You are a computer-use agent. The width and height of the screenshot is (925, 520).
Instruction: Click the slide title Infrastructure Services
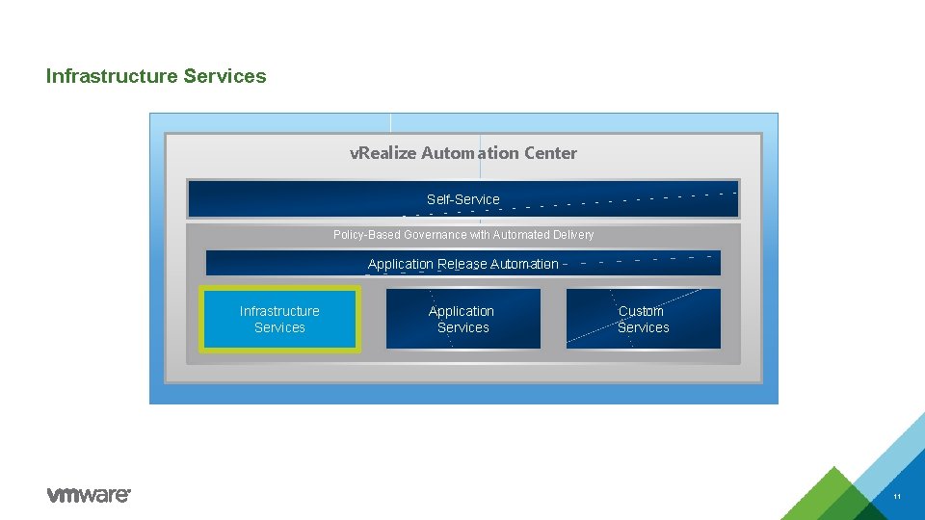pos(156,76)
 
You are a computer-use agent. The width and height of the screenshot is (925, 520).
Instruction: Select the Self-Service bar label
pos(463,199)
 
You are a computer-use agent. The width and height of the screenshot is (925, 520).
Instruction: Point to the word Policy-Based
pos(367,235)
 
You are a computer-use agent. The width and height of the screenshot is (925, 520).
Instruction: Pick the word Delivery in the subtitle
pos(573,235)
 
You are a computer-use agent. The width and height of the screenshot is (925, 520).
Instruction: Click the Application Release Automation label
pos(463,264)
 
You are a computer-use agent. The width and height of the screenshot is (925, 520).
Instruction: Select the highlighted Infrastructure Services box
pos(279,319)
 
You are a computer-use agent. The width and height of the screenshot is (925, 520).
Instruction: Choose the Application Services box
pos(462,319)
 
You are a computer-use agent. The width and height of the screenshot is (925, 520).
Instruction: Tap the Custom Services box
pos(643,319)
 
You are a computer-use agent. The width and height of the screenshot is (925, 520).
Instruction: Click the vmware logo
pos(89,495)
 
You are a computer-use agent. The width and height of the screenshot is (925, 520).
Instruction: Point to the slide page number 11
pos(897,497)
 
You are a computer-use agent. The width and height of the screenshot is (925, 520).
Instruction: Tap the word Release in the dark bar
pos(462,264)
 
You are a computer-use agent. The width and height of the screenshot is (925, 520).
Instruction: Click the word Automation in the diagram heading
pos(470,153)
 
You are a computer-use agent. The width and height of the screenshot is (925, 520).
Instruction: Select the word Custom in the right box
pos(641,311)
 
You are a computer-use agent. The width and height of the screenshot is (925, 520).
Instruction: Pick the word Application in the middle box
pos(462,311)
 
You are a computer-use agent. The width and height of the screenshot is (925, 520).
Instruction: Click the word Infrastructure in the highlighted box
pos(279,311)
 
